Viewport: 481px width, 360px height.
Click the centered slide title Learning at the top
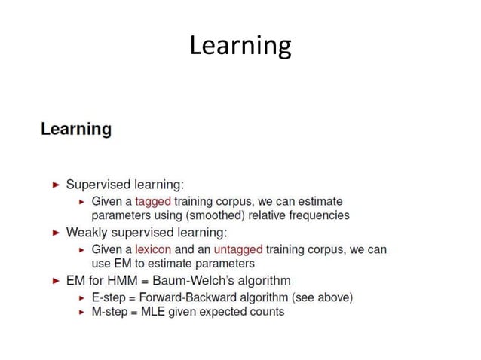pos(240,46)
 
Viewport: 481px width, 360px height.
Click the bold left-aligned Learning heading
pos(76,129)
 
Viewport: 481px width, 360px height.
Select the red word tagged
pos(153,201)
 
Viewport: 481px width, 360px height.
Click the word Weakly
pos(87,232)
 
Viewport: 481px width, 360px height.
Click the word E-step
pos(108,297)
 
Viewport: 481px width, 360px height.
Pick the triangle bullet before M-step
pos(81,311)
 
